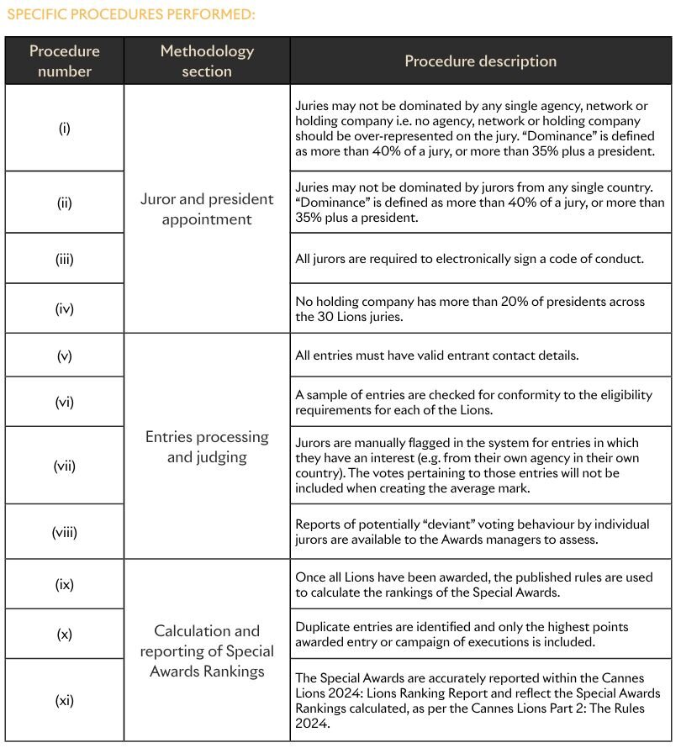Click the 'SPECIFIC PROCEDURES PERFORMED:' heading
pyautogui.click(x=130, y=14)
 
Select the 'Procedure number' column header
pyautogui.click(x=65, y=61)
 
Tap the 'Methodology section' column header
pyautogui.click(x=207, y=61)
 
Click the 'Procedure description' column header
pyautogui.click(x=480, y=61)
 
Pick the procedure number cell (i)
pyautogui.click(x=65, y=129)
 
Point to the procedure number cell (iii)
pyautogui.click(x=65, y=259)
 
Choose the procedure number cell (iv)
pyautogui.click(x=65, y=308)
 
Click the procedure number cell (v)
pyautogui.click(x=65, y=356)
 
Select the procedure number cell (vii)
pyautogui.click(x=65, y=465)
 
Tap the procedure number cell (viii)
pyautogui.click(x=65, y=531)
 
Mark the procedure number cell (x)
pyautogui.click(x=65, y=635)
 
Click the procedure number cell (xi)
pyautogui.click(x=65, y=699)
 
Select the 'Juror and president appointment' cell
pyautogui.click(x=207, y=209)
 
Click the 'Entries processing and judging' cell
pyautogui.click(x=207, y=447)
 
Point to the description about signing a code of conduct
pyautogui.click(x=469, y=259)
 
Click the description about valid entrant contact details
pyautogui.click(x=436, y=356)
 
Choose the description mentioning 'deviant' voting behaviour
pyautogui.click(x=472, y=531)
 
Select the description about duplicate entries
pyautogui.click(x=462, y=635)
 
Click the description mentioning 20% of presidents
pyautogui.click(x=470, y=308)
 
